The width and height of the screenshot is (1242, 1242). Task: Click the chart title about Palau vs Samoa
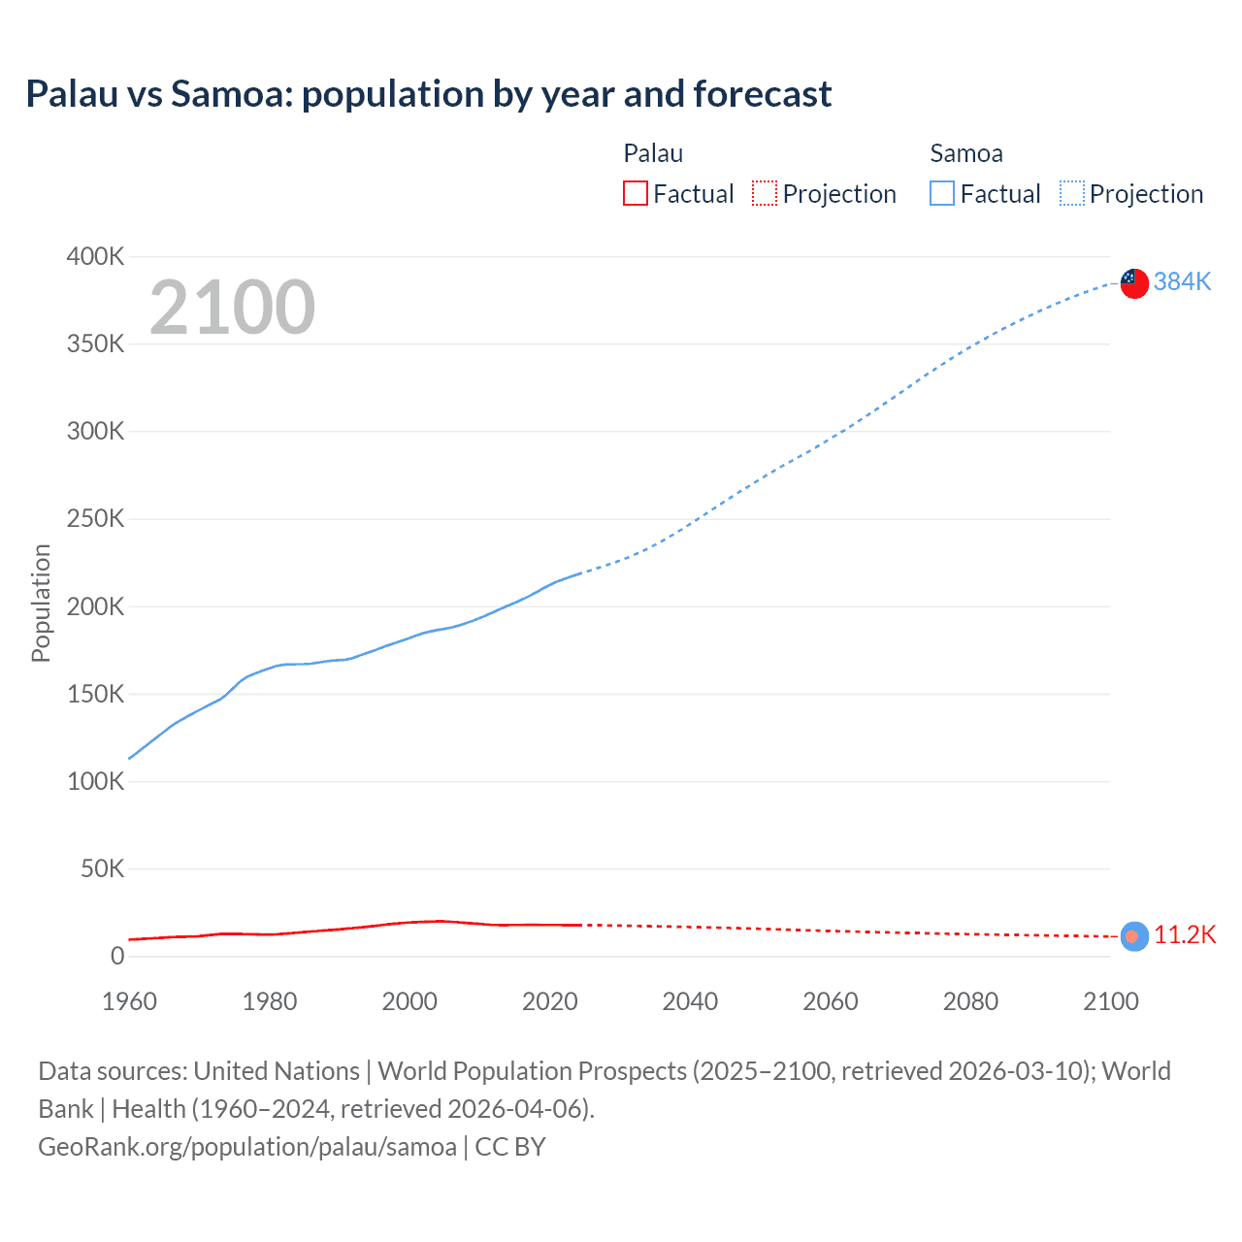tap(428, 94)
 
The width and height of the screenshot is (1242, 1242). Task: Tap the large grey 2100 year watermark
tap(232, 308)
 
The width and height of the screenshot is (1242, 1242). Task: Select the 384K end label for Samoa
tap(1182, 281)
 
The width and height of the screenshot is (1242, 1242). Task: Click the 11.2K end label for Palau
tap(1184, 934)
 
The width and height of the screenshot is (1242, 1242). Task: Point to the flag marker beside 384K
tap(1134, 282)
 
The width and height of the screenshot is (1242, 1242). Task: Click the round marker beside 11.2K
tap(1134, 935)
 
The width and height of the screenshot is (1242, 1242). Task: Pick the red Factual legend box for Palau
tap(636, 194)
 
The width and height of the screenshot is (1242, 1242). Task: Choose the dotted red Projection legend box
tap(765, 194)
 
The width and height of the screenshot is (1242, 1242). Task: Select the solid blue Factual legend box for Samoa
tap(942, 194)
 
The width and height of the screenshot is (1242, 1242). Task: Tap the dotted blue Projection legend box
tap(1072, 194)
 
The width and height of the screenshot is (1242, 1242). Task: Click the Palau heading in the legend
tap(653, 153)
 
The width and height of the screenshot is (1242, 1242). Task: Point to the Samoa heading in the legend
tap(966, 153)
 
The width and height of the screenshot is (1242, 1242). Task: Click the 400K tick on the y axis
tap(95, 257)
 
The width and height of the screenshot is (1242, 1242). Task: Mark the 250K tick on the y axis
tap(95, 519)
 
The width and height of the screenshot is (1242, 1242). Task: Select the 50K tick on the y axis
tap(102, 868)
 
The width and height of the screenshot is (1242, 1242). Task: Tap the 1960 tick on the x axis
tap(129, 1001)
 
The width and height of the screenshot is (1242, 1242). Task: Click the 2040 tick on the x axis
tap(690, 1001)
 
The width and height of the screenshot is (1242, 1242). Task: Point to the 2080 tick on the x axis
tap(970, 1001)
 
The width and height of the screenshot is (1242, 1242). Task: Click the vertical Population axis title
tap(41, 603)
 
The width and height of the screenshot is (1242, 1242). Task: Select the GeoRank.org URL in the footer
tap(247, 1147)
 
